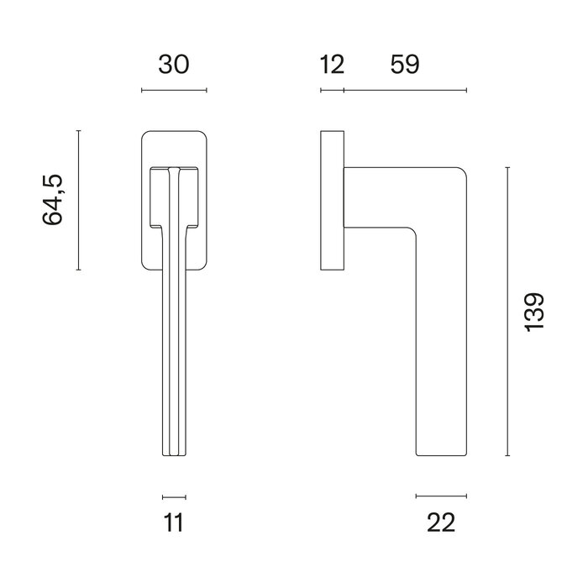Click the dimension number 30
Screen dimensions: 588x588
[173, 65]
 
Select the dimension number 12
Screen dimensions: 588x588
[332, 65]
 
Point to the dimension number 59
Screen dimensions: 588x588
[403, 65]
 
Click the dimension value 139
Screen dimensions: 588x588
[534, 312]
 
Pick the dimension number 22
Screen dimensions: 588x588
[440, 522]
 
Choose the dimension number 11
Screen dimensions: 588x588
[174, 522]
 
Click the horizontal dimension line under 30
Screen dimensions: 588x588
[174, 90]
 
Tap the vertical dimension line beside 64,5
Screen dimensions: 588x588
[78, 200]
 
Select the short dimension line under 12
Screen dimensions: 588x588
[332, 90]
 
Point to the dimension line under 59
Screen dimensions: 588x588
[405, 90]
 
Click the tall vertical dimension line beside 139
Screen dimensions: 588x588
[507, 312]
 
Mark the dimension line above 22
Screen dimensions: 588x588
[440, 496]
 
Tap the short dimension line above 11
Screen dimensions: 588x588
[174, 496]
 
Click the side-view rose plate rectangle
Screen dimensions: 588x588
[332, 200]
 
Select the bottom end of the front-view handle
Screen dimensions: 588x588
[174, 454]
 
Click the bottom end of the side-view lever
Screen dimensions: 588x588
[440, 454]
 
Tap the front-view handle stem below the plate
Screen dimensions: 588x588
[174, 353]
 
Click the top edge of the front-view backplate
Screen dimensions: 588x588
[174, 131]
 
